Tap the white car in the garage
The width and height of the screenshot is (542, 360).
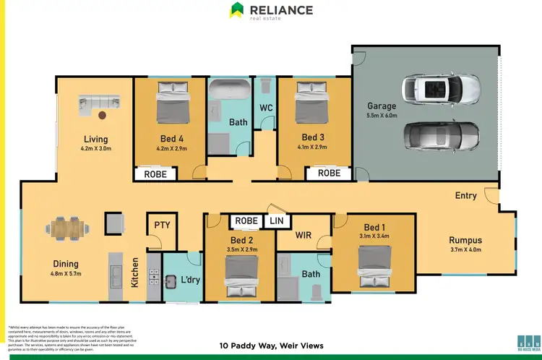441,89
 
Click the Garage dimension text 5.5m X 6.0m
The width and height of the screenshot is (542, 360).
382,116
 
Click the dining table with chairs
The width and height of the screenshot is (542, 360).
66,228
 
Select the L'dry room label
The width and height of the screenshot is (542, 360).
189,280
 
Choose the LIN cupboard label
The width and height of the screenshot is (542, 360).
276,221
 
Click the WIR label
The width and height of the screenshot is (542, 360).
304,235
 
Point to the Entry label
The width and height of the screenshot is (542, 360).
466,196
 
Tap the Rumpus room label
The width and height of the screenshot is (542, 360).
465,241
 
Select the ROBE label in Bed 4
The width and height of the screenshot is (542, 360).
155,173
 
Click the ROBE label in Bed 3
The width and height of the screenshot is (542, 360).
329,173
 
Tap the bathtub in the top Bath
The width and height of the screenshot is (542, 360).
228,91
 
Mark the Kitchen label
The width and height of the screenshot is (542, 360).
135,274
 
